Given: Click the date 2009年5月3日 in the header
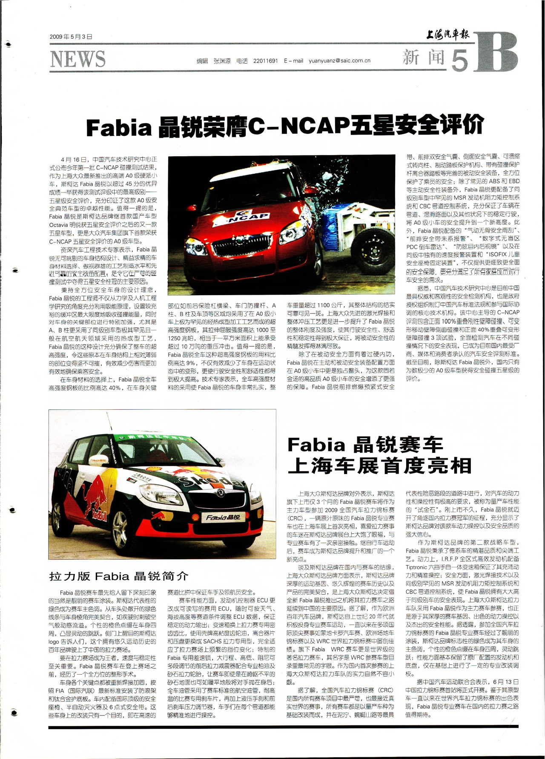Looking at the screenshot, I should [x=71, y=37].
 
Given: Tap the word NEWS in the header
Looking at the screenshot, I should [x=77, y=59].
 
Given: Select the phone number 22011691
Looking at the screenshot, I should [x=265, y=61].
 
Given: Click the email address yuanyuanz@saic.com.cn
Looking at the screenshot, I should [x=339, y=61].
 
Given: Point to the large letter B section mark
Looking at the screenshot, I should [x=496, y=53].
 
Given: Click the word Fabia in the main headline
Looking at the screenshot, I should [x=119, y=127].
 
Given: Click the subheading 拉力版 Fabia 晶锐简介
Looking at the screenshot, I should [x=118, y=576].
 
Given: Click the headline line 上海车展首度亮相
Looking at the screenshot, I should [x=379, y=466].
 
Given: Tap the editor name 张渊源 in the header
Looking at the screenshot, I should [x=222, y=61].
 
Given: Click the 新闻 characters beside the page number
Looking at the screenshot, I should [x=423, y=57].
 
